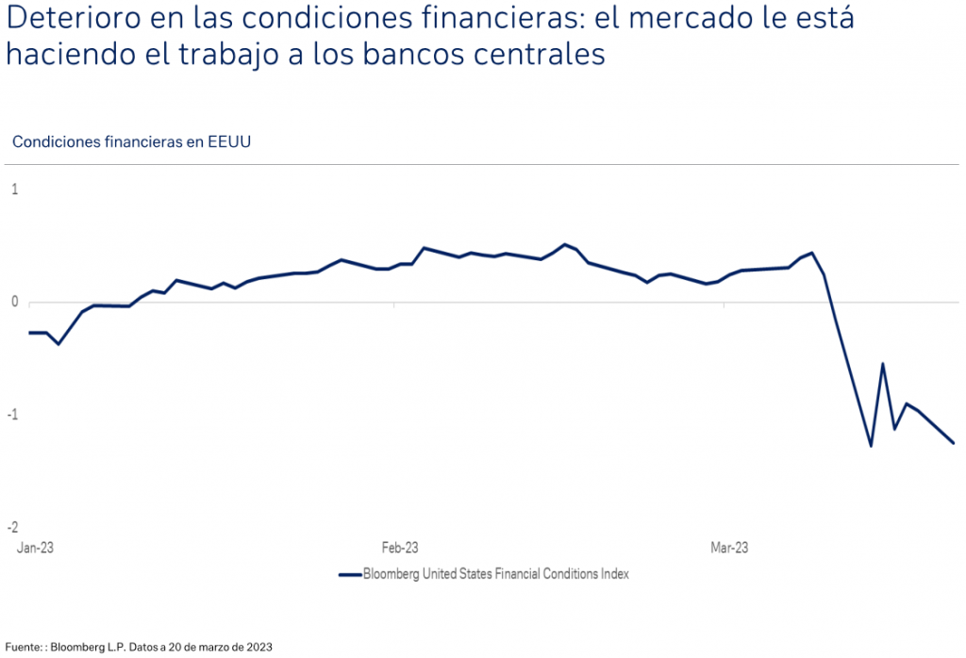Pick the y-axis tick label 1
tap(14, 189)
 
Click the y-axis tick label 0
tap(14, 302)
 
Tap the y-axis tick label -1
tap(12, 415)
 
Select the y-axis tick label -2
tap(12, 527)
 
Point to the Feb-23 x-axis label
tap(399, 548)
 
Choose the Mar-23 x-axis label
tap(729, 548)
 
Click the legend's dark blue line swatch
tap(349, 574)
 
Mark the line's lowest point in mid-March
tap(871, 445)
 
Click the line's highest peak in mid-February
tap(564, 244)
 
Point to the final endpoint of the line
tap(953, 443)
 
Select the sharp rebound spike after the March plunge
tap(883, 364)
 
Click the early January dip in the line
tap(58, 344)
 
